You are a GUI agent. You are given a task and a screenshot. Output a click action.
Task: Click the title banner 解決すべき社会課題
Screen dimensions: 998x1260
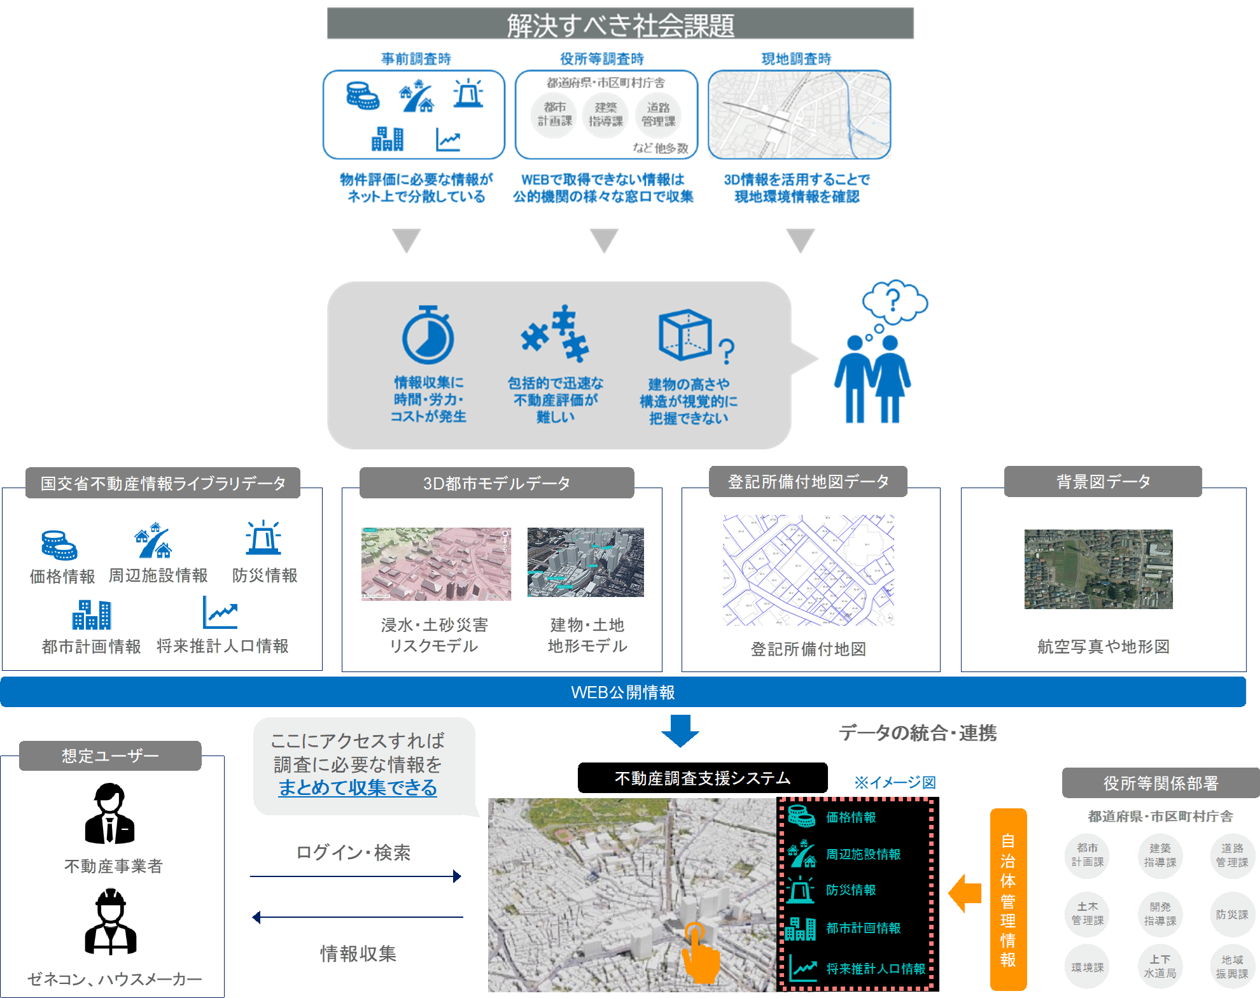620,24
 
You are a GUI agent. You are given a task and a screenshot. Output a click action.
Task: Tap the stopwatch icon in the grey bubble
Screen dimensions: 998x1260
428,335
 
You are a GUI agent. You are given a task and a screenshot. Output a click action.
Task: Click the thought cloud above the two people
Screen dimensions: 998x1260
895,300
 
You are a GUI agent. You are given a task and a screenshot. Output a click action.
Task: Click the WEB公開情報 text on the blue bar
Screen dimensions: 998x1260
622,692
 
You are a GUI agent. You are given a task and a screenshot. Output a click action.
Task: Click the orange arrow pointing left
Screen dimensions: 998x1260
965,894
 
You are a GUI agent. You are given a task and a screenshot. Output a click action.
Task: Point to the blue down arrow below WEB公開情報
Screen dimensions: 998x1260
680,731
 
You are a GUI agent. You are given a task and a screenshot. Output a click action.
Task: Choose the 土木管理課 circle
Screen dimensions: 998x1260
1088,914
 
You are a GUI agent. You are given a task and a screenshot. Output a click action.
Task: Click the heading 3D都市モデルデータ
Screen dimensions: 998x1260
497,483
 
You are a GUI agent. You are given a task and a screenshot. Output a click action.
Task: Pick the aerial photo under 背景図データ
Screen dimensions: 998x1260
1098,569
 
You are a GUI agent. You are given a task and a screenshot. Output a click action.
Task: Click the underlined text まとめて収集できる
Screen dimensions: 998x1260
358,788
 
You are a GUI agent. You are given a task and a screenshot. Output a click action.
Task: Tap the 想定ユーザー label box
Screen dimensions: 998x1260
111,756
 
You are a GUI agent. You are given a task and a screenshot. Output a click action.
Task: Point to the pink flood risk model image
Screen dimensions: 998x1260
437,564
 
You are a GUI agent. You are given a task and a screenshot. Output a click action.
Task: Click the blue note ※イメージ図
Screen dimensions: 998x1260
895,782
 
